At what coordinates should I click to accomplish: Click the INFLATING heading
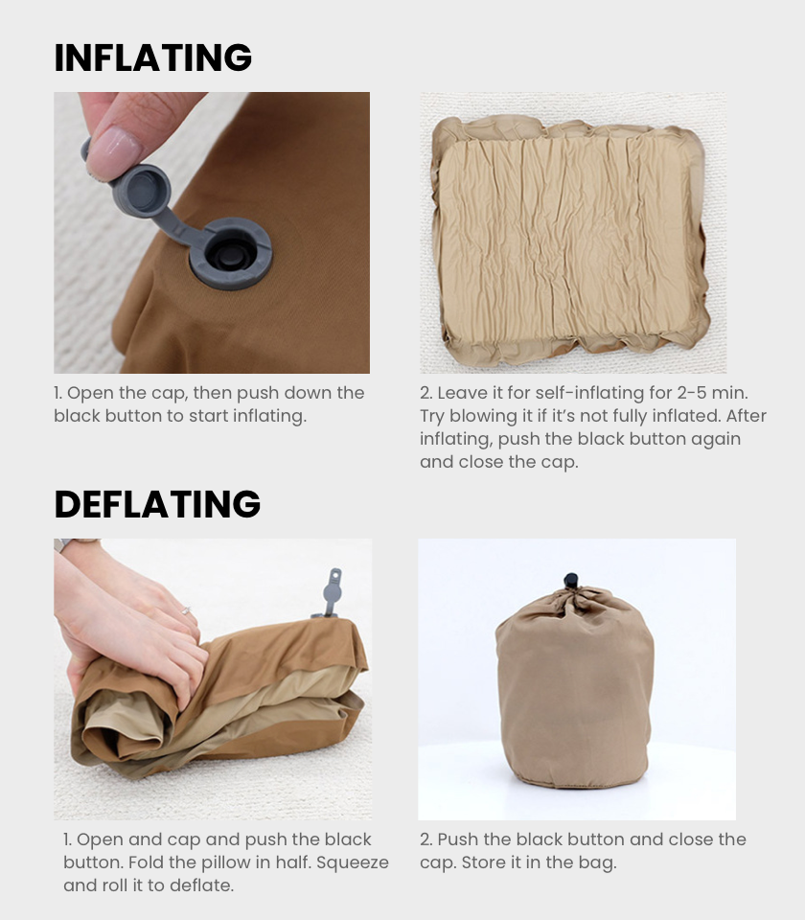(x=152, y=57)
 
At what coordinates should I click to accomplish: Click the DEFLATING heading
(x=157, y=504)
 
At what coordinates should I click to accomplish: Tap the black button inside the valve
(x=228, y=254)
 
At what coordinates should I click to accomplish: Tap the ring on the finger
(x=186, y=610)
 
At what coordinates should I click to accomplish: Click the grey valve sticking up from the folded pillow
(x=331, y=592)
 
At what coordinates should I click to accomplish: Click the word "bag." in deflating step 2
(x=598, y=863)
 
